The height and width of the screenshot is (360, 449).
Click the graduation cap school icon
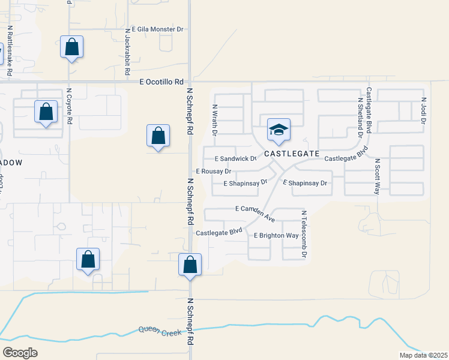click(x=279, y=130)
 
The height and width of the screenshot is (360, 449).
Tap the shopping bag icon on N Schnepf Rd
click(x=190, y=265)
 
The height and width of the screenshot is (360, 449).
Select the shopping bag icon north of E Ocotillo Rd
click(x=71, y=47)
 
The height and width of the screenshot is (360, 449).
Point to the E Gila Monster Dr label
click(x=154, y=29)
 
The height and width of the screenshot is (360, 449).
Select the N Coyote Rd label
click(x=70, y=107)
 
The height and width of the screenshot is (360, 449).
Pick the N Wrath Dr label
click(x=214, y=119)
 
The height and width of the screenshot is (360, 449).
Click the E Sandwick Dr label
click(x=236, y=159)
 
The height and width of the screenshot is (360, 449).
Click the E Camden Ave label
click(x=255, y=209)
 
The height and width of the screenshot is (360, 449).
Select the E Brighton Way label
click(x=276, y=236)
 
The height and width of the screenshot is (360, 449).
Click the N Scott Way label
click(x=378, y=176)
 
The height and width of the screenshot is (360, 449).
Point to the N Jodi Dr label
click(x=423, y=110)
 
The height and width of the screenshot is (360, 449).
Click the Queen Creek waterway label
click(x=160, y=330)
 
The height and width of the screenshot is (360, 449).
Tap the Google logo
click(x=20, y=352)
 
